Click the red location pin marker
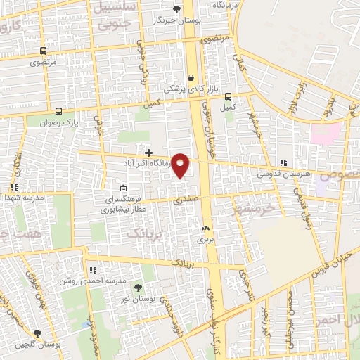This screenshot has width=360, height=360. tap(181, 165)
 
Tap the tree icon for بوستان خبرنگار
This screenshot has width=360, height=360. tap(176, 9)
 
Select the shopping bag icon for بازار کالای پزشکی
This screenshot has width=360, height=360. tap(191, 77)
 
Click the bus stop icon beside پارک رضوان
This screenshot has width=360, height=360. tap(58, 111)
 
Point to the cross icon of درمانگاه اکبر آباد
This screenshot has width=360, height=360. tap(148, 152)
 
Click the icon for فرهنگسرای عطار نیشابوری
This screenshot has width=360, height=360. tap(124, 188)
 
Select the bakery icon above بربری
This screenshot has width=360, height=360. tap(205, 228)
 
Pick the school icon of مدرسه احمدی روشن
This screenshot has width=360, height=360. tap(92, 270)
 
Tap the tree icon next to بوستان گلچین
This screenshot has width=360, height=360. tap(37, 333)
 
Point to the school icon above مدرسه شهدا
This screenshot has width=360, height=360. tap(13, 187)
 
